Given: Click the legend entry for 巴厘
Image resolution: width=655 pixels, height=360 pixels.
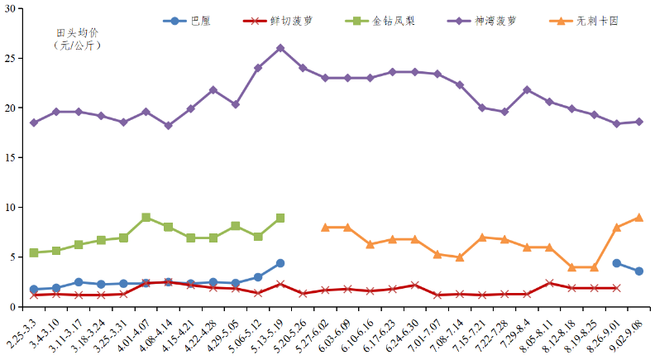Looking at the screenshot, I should point(199,20).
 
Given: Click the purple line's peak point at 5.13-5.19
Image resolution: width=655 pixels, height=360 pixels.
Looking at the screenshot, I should point(280,48).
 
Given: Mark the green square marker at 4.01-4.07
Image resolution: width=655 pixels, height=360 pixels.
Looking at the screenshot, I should point(146,217).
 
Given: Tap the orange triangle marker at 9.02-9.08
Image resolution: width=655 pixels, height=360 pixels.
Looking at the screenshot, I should point(638,218).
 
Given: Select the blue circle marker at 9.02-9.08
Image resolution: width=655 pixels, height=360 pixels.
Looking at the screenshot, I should point(638,271).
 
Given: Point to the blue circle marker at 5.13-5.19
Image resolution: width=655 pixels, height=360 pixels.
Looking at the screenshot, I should point(280,263).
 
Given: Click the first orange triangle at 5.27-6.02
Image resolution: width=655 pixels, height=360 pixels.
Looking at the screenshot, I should point(325,227).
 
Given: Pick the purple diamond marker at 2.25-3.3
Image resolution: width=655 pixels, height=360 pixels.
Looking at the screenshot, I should point(34,122).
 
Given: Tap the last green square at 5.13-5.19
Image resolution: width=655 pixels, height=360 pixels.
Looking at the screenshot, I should point(280,218).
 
